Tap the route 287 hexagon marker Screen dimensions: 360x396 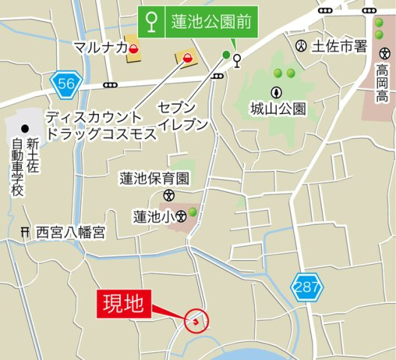304,286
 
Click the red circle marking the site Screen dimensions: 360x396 197,322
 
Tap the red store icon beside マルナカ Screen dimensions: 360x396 133,49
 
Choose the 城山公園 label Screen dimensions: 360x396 278,109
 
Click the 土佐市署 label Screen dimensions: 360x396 338,46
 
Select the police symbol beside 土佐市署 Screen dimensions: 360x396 301,46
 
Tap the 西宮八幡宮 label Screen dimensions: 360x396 70,233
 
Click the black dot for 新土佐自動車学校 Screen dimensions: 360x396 25,127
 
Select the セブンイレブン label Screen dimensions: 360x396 182,117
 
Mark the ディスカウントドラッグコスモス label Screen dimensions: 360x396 100,125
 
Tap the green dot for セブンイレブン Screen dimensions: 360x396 226,54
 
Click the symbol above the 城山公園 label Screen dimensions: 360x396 277,92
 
